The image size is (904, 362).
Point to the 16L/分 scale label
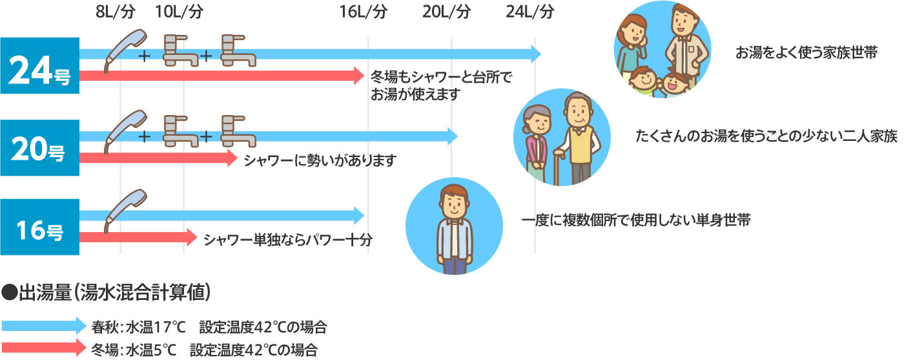click(x=364, y=12)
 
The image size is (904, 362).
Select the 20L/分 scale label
click(x=447, y=12)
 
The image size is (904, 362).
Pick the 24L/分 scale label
click(x=530, y=12)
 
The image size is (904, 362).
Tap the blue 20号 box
click(x=39, y=148)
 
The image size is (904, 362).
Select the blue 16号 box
click(x=39, y=228)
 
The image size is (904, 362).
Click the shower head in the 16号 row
click(x=123, y=208)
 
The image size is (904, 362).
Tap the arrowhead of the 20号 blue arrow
click(x=452, y=136)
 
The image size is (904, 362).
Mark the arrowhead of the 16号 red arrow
click(x=190, y=237)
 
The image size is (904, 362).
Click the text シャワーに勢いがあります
click(x=320, y=160)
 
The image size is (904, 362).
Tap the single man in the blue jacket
click(x=455, y=226)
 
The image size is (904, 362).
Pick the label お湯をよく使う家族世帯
click(x=806, y=54)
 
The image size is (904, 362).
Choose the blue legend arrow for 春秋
click(x=44, y=325)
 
